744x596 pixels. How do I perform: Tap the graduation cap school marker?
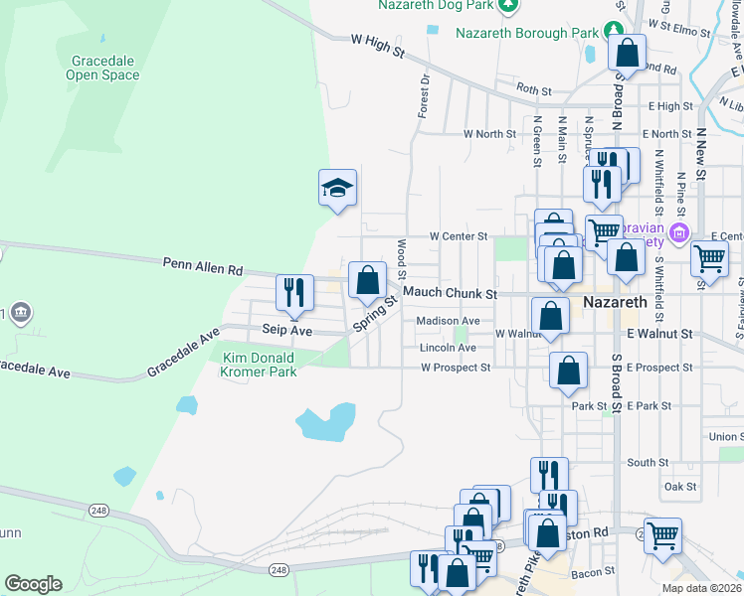coord(337,186)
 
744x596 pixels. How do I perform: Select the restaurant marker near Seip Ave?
coord(293,291)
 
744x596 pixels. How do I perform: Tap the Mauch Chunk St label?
coord(450,294)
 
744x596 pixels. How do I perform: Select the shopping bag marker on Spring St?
coord(367,279)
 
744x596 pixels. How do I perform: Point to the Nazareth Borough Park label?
coord(527,33)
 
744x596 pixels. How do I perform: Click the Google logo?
coord(33,584)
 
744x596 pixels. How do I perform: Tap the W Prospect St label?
coord(456,368)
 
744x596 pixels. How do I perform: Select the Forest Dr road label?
coord(424,95)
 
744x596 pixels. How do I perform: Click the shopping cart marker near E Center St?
coord(709,258)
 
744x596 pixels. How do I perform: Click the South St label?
coord(648,463)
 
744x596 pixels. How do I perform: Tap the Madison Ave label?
coord(448,321)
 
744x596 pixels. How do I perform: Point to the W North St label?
coord(489,133)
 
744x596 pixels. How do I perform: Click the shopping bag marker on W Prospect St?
coord(567,371)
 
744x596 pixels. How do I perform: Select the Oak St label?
coord(680,487)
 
